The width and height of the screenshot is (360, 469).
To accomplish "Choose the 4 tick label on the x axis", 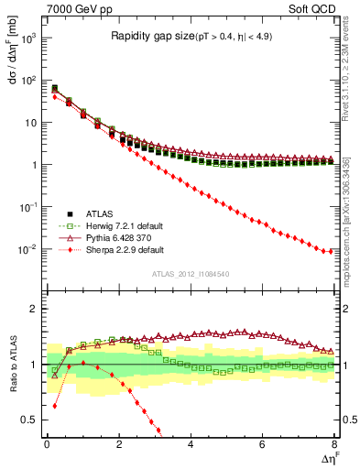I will [x=191, y=445].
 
